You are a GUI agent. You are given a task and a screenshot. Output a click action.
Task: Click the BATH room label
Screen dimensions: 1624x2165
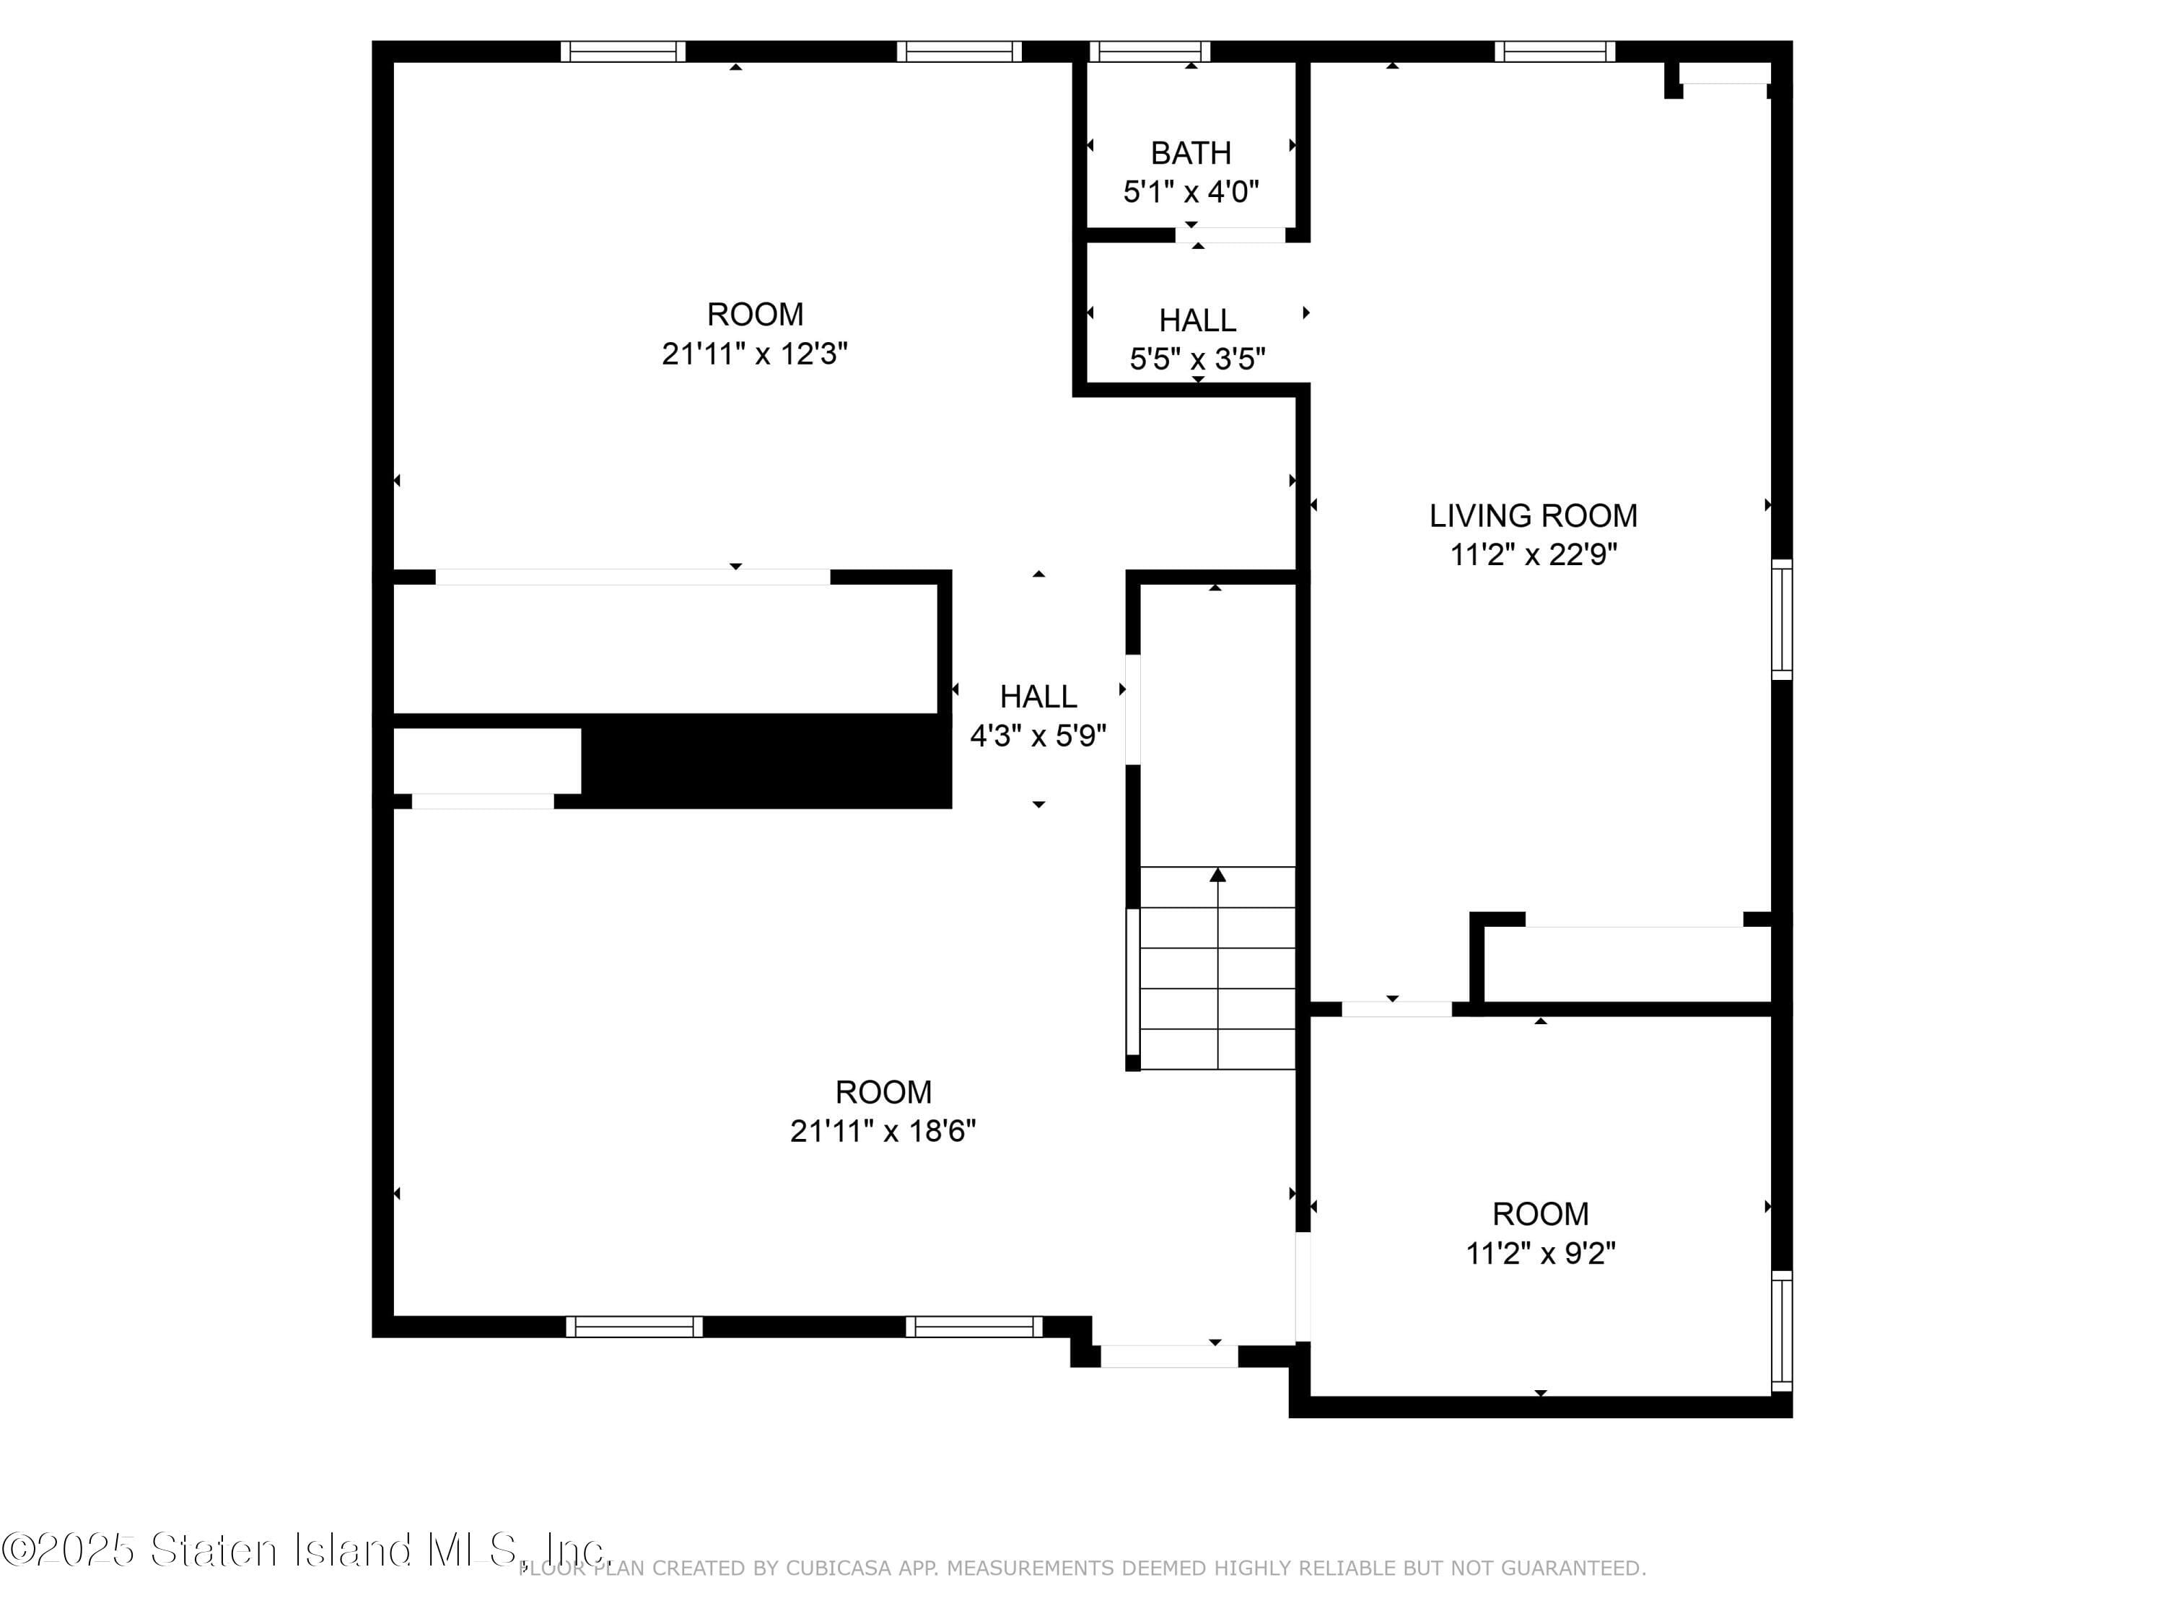1190,153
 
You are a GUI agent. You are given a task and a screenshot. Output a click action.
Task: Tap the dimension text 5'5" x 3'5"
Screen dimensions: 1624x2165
1197,359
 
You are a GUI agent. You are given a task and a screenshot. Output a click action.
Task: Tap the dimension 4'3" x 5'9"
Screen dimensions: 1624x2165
1038,735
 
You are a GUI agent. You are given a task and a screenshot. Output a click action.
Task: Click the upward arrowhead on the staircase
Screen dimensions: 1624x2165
1217,874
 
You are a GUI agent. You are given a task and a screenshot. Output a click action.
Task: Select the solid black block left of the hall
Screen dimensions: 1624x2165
766,761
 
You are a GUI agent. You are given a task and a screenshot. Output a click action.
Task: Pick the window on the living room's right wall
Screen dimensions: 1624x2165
1783,619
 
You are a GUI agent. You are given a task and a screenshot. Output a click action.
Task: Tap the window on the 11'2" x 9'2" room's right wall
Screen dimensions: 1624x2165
1783,1330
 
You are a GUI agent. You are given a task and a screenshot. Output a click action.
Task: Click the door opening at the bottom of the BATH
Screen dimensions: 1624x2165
1230,235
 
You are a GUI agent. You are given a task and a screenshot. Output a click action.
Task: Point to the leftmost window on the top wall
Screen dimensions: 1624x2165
623,51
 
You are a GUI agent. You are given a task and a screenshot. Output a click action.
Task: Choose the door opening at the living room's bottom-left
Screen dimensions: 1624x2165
1396,1009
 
